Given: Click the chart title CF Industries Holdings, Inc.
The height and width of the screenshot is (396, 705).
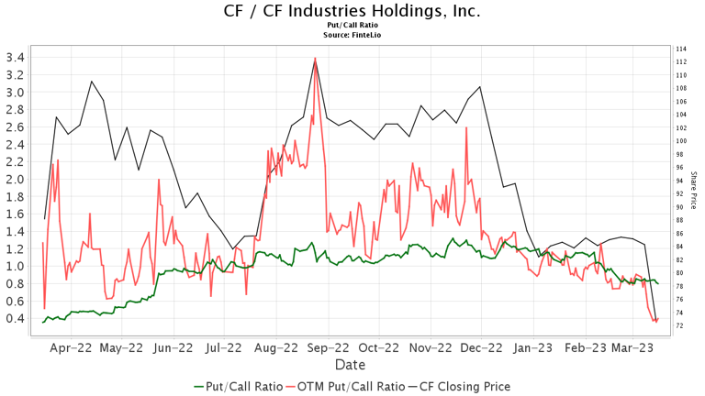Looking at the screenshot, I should coord(352,12).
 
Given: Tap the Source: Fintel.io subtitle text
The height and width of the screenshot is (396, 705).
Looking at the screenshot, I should coord(352,35).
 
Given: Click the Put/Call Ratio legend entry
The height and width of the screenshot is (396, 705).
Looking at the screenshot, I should coord(238,386).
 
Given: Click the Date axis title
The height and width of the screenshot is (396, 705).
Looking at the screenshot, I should coord(352,365).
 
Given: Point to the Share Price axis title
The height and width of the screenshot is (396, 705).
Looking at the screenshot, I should coord(694,189).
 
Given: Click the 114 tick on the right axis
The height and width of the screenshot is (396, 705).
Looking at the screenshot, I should coord(681,49).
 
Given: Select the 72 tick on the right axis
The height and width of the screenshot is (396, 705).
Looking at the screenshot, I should coord(681,325).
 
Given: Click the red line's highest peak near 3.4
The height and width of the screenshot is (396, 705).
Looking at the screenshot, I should coord(315,59).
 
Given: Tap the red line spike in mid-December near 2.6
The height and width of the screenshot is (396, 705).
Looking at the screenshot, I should coord(466,127).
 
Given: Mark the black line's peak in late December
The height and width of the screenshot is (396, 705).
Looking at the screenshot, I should coord(479,87).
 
